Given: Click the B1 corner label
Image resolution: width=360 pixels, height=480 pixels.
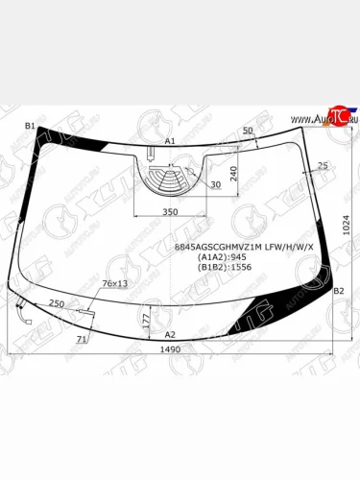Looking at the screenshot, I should tap(29, 126).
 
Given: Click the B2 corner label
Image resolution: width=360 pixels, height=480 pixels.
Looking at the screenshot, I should tap(338, 291).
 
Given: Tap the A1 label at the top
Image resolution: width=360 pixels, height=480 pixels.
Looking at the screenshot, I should tap(170, 141).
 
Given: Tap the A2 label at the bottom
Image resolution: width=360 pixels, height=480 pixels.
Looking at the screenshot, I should tap(170, 333).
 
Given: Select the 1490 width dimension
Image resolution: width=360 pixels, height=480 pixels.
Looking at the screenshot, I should tap(170, 350).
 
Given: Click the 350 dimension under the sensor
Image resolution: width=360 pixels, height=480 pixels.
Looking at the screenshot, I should tap(170, 211).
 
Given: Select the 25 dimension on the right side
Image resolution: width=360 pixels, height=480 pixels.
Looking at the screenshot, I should tap(323, 166).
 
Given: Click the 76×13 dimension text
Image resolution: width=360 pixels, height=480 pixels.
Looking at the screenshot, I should tap(114, 284).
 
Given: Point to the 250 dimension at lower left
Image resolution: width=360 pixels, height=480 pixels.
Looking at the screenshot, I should tap(57, 303).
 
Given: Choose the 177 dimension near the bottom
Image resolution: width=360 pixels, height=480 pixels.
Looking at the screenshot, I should tap(145, 318).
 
